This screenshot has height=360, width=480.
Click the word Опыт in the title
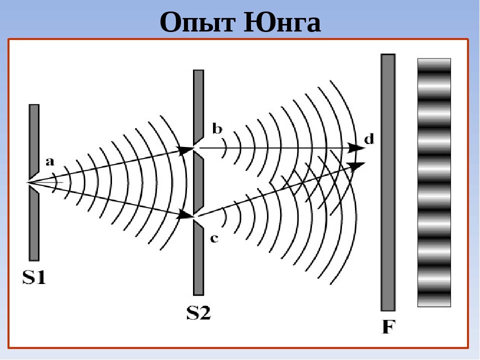(199, 22)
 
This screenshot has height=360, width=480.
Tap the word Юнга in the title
(282, 22)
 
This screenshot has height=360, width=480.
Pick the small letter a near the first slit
(49, 161)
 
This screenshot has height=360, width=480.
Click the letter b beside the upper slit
(217, 129)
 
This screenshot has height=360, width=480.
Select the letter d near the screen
(368, 139)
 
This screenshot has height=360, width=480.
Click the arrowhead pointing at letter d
(357, 148)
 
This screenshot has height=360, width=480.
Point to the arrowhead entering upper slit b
(187, 148)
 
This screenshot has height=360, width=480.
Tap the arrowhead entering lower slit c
(186, 216)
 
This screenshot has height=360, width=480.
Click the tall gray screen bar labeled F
(388, 182)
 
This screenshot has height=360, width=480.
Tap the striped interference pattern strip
(434, 182)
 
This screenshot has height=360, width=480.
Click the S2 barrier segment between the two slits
(198, 182)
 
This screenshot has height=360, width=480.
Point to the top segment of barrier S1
(34, 137)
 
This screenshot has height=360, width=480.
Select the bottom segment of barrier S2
(198, 260)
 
